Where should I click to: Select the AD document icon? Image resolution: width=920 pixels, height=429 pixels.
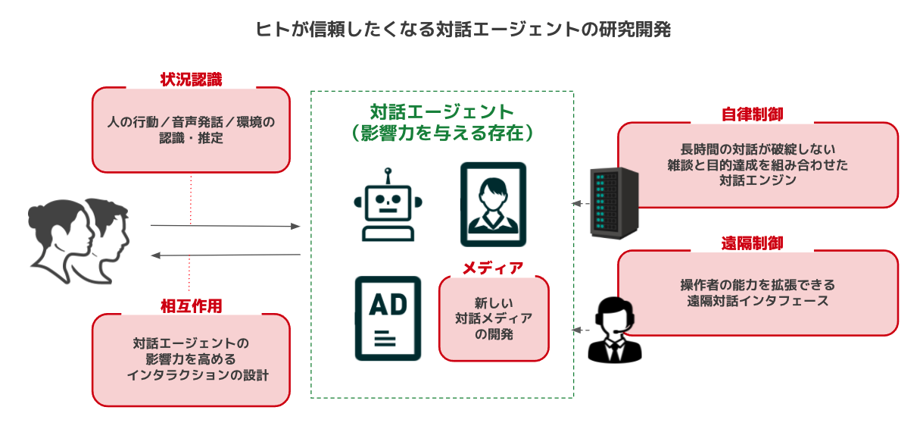pyautogui.click(x=388, y=318)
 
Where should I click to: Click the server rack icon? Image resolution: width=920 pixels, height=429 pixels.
pyautogui.click(x=614, y=203)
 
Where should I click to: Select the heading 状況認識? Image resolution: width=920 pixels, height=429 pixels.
pyautogui.click(x=191, y=80)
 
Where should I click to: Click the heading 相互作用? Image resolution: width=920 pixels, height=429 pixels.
pyautogui.click(x=191, y=305)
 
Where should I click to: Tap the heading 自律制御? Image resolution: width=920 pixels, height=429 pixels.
pyautogui.click(x=752, y=114)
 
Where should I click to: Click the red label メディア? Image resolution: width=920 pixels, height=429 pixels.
pyautogui.click(x=493, y=268)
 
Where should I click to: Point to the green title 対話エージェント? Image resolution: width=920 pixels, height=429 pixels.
pyautogui.click(x=441, y=113)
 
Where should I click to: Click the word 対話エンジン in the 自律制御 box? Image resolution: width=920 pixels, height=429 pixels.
pyautogui.click(x=758, y=180)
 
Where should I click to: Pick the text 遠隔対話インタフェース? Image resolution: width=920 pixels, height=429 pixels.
pyautogui.click(x=758, y=301)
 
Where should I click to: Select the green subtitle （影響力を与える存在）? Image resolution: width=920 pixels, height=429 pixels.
pyautogui.click(x=441, y=133)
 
